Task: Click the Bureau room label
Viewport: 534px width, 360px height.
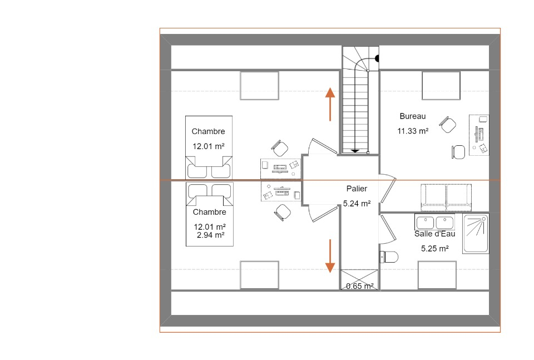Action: point(412,116)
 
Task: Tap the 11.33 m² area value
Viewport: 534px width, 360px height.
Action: point(412,131)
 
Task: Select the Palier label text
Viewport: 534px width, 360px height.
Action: point(357,189)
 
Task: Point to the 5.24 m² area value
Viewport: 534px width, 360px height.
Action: point(357,204)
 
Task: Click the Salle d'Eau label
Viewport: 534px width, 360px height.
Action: point(434,234)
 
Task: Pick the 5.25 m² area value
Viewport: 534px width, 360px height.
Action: point(434,249)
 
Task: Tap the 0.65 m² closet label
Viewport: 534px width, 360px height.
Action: point(360,286)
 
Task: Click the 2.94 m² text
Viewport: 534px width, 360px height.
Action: point(210,235)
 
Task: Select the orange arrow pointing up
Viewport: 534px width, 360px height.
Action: point(330,104)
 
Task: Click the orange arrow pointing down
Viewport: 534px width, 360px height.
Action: point(330,256)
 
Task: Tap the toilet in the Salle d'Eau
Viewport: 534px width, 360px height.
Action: point(389,257)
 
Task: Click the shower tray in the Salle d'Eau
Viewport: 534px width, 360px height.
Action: point(476,234)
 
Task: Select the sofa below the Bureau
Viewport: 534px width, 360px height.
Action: point(446,198)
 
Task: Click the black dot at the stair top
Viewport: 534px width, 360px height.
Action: point(377,58)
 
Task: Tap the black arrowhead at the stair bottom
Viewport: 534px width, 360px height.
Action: point(355,151)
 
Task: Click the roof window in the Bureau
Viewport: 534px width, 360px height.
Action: point(441,86)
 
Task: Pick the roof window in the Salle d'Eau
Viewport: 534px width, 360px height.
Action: point(437,275)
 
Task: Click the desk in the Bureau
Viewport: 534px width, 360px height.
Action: point(479,135)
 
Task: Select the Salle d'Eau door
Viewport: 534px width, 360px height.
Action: point(388,229)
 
